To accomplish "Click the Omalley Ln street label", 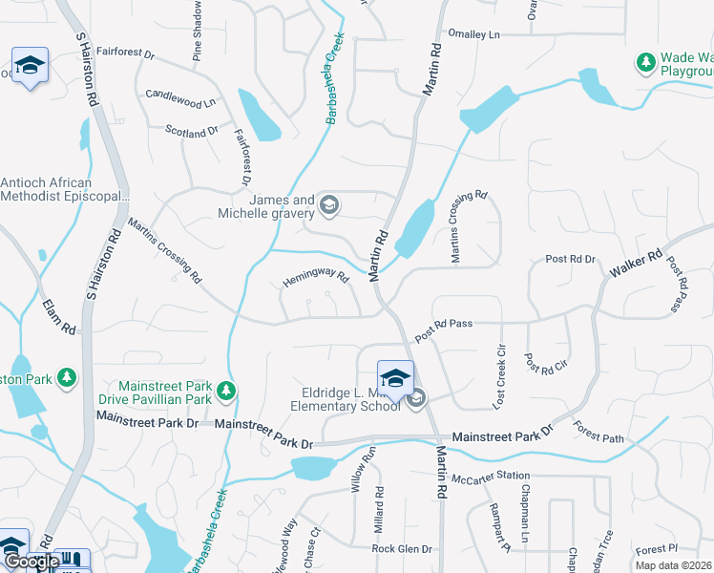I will (473, 34).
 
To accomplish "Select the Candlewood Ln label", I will (180, 96).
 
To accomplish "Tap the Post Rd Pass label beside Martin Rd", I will (443, 325).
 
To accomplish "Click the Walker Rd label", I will (637, 266).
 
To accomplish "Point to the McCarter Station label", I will (491, 478).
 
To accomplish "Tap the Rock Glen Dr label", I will (402, 549).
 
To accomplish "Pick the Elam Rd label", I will (58, 317).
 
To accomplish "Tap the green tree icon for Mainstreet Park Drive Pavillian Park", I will (225, 391).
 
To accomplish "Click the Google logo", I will (31, 562).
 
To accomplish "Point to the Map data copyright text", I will (674, 565).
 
